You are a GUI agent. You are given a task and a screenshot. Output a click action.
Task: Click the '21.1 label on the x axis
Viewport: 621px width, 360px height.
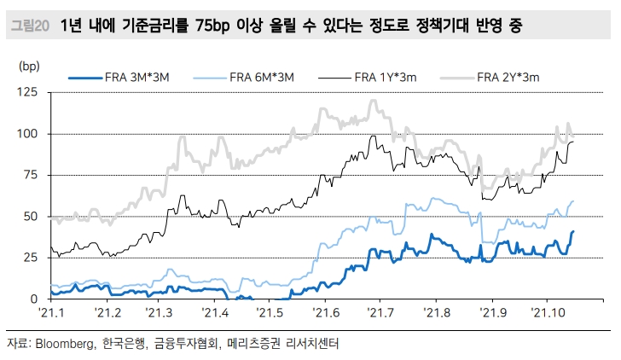click(x=53, y=313)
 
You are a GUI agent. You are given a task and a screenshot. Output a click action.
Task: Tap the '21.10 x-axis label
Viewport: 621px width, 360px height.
click(x=548, y=313)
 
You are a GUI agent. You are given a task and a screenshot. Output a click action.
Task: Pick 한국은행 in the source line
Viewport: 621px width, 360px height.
click(x=123, y=345)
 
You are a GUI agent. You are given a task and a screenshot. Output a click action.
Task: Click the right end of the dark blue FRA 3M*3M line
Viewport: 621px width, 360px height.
click(x=573, y=231)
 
